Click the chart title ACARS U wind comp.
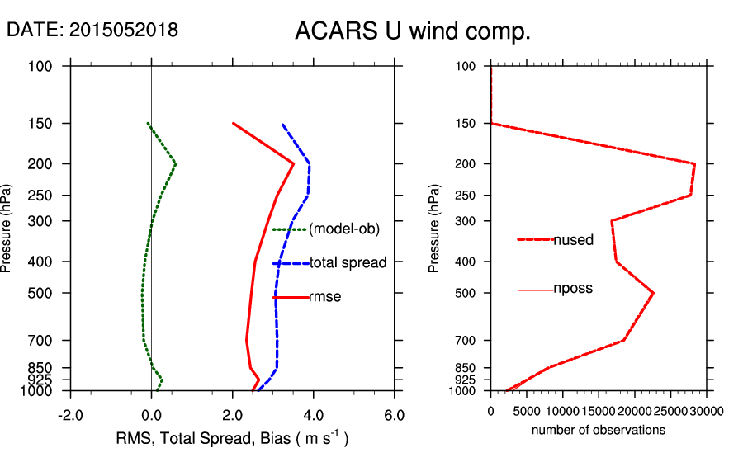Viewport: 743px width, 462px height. point(412,31)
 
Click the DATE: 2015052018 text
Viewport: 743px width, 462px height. point(92,30)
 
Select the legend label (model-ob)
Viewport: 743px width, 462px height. point(343,229)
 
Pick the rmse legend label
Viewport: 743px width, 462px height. point(324,297)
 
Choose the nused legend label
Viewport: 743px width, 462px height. point(573,240)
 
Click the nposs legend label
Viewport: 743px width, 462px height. point(573,289)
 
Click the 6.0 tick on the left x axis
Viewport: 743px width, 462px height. point(395,414)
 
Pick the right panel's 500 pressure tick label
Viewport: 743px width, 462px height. point(467,293)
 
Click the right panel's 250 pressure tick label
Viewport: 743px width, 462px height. point(467,196)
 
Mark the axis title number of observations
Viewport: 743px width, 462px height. point(599,430)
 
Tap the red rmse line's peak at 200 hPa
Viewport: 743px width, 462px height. point(293,163)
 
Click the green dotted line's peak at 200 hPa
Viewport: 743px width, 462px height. point(175,163)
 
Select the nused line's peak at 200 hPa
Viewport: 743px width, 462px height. point(694,163)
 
